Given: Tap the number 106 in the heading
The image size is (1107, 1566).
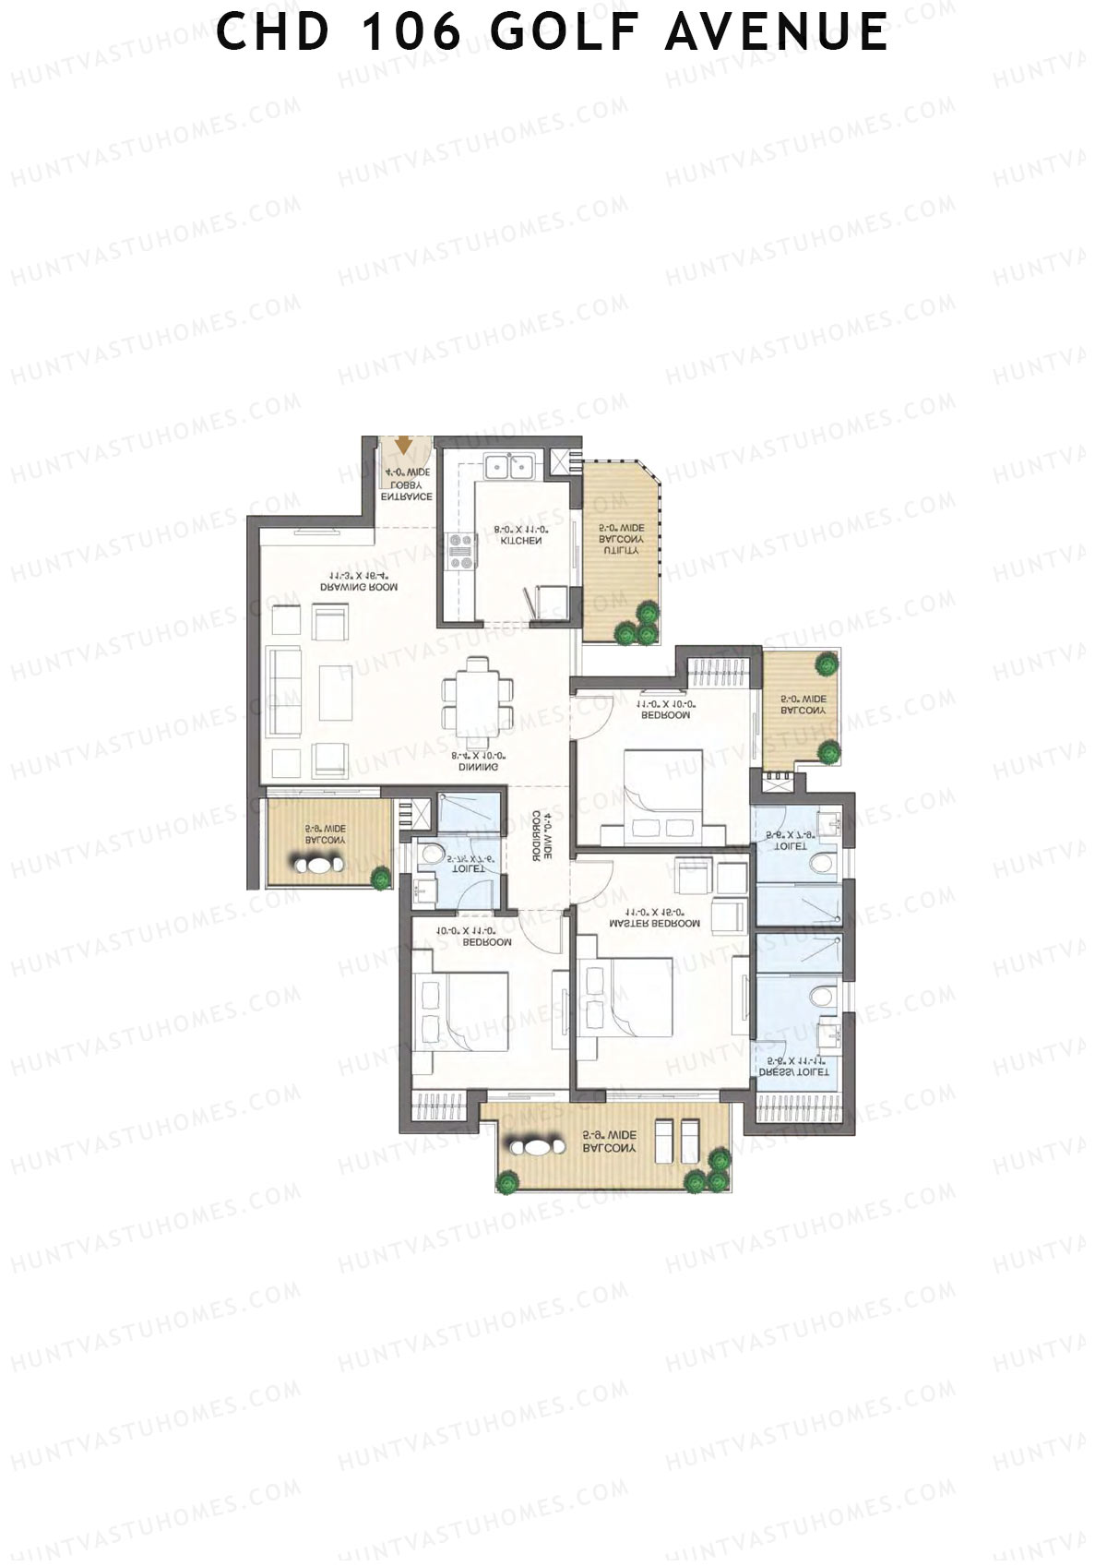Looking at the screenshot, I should pyautogui.click(x=411, y=32).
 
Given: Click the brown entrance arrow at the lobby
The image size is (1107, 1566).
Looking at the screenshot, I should pyautogui.click(x=403, y=445).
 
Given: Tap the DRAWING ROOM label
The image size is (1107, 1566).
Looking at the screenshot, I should pyautogui.click(x=359, y=587).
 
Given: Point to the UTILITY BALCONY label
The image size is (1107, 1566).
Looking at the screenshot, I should pyautogui.click(x=621, y=539).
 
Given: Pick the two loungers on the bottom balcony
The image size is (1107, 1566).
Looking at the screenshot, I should pyautogui.click(x=676, y=1142).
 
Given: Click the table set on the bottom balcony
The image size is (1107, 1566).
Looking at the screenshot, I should pyautogui.click(x=533, y=1147).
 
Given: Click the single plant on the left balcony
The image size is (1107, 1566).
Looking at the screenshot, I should pyautogui.click(x=380, y=877).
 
